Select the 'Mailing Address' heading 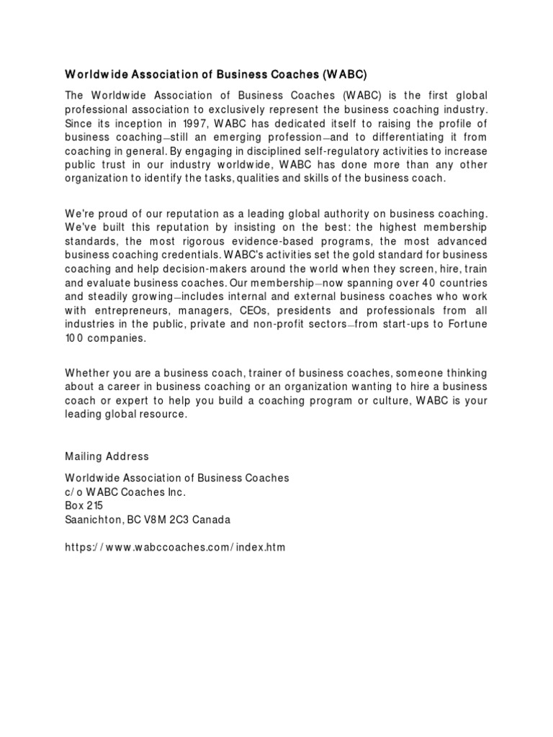point(107,456)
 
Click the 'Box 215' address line point(84,505)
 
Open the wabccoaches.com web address point(175,547)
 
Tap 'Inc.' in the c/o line point(175,492)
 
